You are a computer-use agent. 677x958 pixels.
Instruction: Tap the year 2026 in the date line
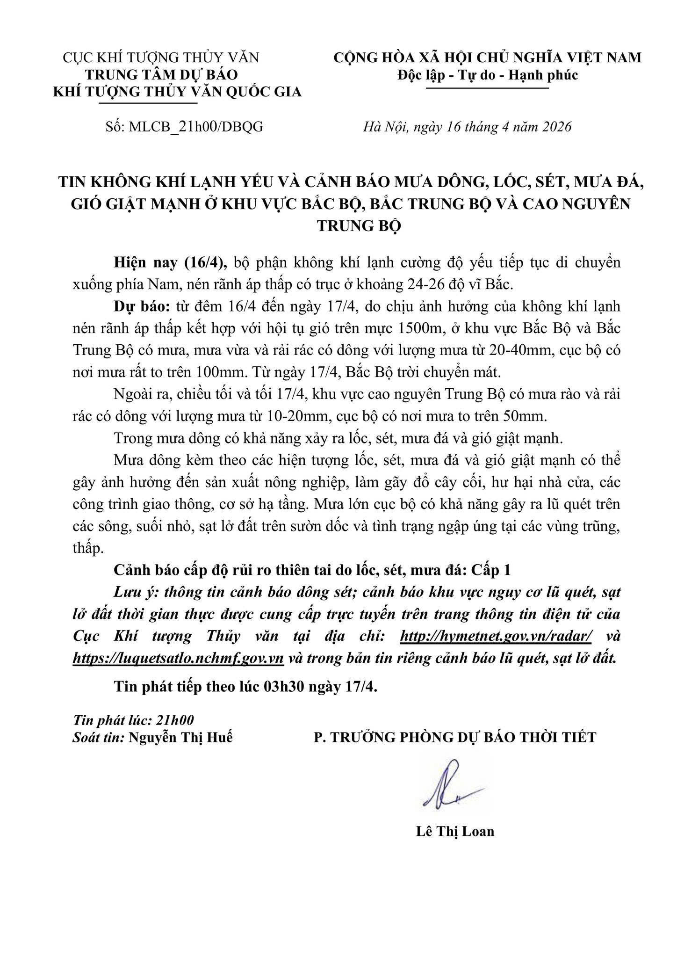[555, 127]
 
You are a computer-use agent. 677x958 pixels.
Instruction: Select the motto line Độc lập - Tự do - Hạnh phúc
[487, 75]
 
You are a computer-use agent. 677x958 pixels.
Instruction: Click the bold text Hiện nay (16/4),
[171, 262]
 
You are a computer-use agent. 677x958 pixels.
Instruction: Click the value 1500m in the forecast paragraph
[418, 329]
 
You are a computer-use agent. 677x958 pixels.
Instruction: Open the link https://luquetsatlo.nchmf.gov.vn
[179, 658]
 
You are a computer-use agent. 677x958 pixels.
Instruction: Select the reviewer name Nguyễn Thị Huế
[180, 738]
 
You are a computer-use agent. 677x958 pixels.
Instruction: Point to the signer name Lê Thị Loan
[454, 831]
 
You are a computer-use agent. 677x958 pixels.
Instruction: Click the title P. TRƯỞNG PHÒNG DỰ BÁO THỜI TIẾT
[455, 738]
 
